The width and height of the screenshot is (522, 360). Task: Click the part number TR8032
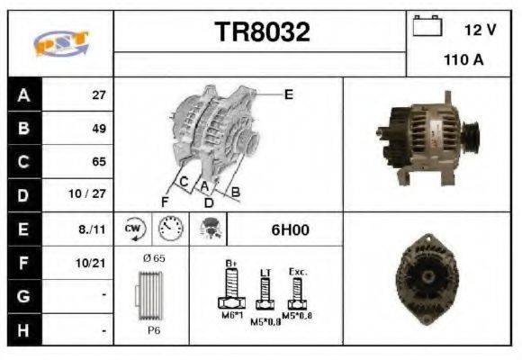[x=262, y=32]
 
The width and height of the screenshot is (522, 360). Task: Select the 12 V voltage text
[x=480, y=30]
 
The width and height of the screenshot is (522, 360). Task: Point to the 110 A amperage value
[x=463, y=61]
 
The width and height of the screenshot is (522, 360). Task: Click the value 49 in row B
[x=99, y=129]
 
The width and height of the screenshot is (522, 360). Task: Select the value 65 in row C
[x=99, y=162]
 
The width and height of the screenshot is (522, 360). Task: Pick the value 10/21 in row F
[x=94, y=263]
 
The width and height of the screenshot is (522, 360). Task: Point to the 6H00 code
[x=290, y=229]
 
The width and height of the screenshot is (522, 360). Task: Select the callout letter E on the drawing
[x=288, y=94]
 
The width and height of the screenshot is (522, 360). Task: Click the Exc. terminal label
[x=299, y=270]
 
